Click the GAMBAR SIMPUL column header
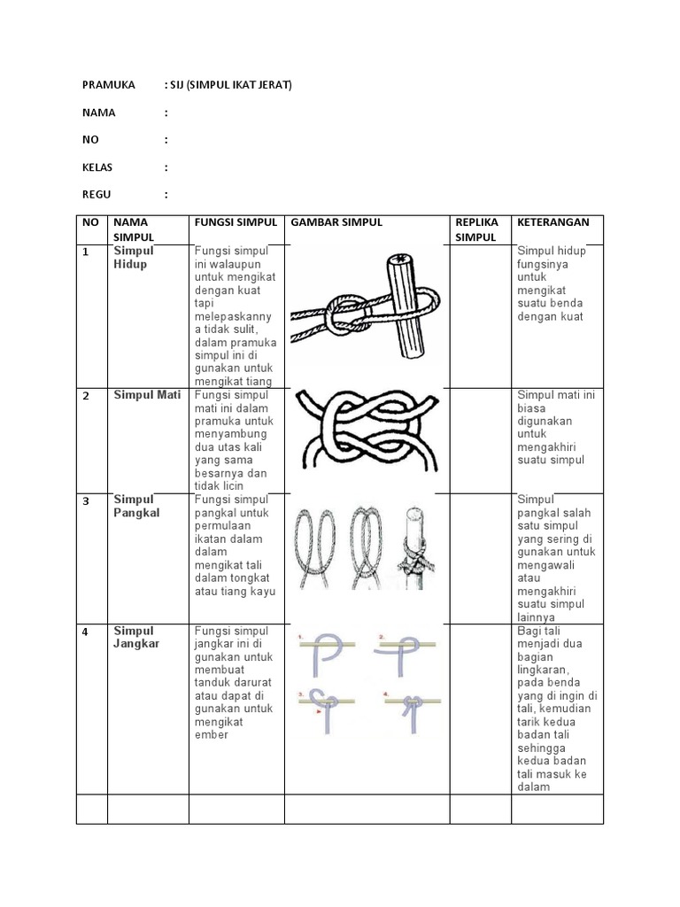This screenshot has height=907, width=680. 337,222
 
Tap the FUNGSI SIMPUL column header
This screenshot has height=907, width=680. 236,222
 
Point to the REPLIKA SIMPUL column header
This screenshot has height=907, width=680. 477,229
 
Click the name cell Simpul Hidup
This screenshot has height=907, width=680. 133,258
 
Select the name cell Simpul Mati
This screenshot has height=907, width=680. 147,394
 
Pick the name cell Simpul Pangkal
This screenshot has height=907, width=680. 136,506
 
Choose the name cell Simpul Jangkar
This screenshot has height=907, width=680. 136,637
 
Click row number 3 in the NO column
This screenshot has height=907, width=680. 86,501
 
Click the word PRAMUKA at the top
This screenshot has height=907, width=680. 108,85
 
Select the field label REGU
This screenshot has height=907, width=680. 97,195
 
